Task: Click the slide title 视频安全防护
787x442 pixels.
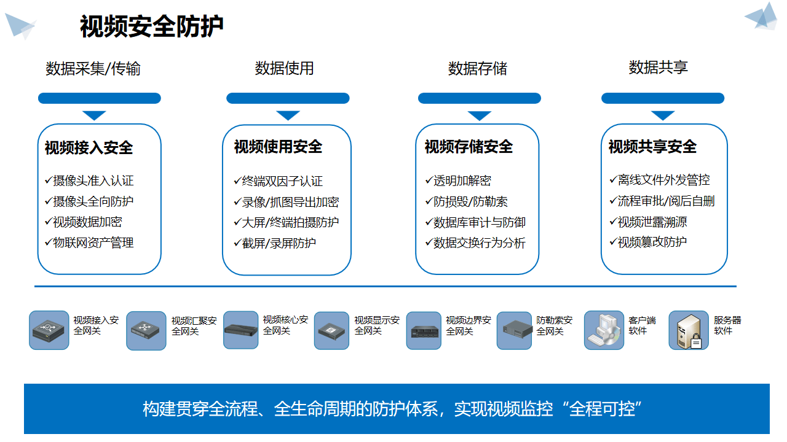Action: coord(151,27)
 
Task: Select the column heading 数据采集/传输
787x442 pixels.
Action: coord(93,69)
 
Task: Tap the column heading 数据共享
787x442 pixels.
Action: coord(658,68)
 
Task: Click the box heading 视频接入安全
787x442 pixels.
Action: coord(89,148)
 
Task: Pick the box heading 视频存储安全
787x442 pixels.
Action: coord(469,147)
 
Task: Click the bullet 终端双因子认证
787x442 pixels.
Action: coord(282,181)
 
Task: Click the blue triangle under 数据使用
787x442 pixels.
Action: coord(288,115)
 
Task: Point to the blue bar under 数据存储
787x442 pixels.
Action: coord(479,98)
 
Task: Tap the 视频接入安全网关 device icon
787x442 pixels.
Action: coord(49,330)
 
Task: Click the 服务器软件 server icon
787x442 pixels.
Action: coord(689,330)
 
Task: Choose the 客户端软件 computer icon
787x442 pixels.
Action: coord(604,330)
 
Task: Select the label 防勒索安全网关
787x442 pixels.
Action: coord(554,325)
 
